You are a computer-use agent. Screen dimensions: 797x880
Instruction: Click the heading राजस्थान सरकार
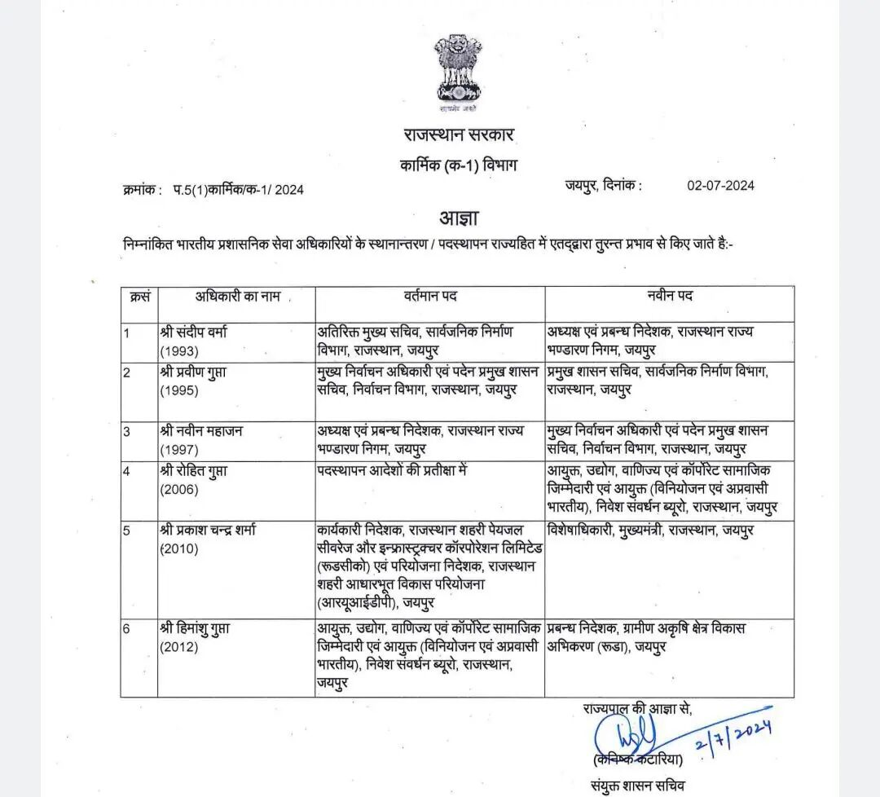(459, 134)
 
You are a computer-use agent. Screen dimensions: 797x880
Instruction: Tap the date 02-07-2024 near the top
(720, 185)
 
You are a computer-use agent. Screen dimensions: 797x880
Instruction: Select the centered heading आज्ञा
(459, 218)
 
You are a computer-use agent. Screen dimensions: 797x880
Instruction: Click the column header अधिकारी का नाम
(237, 296)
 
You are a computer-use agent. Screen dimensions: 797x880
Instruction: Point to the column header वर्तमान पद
(430, 295)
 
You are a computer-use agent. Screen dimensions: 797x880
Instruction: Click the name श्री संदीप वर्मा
(194, 332)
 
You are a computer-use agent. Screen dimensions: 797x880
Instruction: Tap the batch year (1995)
(180, 390)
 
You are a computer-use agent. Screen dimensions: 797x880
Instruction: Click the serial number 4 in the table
(127, 472)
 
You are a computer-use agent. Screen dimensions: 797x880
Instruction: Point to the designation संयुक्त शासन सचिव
(639, 786)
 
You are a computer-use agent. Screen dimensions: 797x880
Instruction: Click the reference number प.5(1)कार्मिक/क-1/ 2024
(238, 190)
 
